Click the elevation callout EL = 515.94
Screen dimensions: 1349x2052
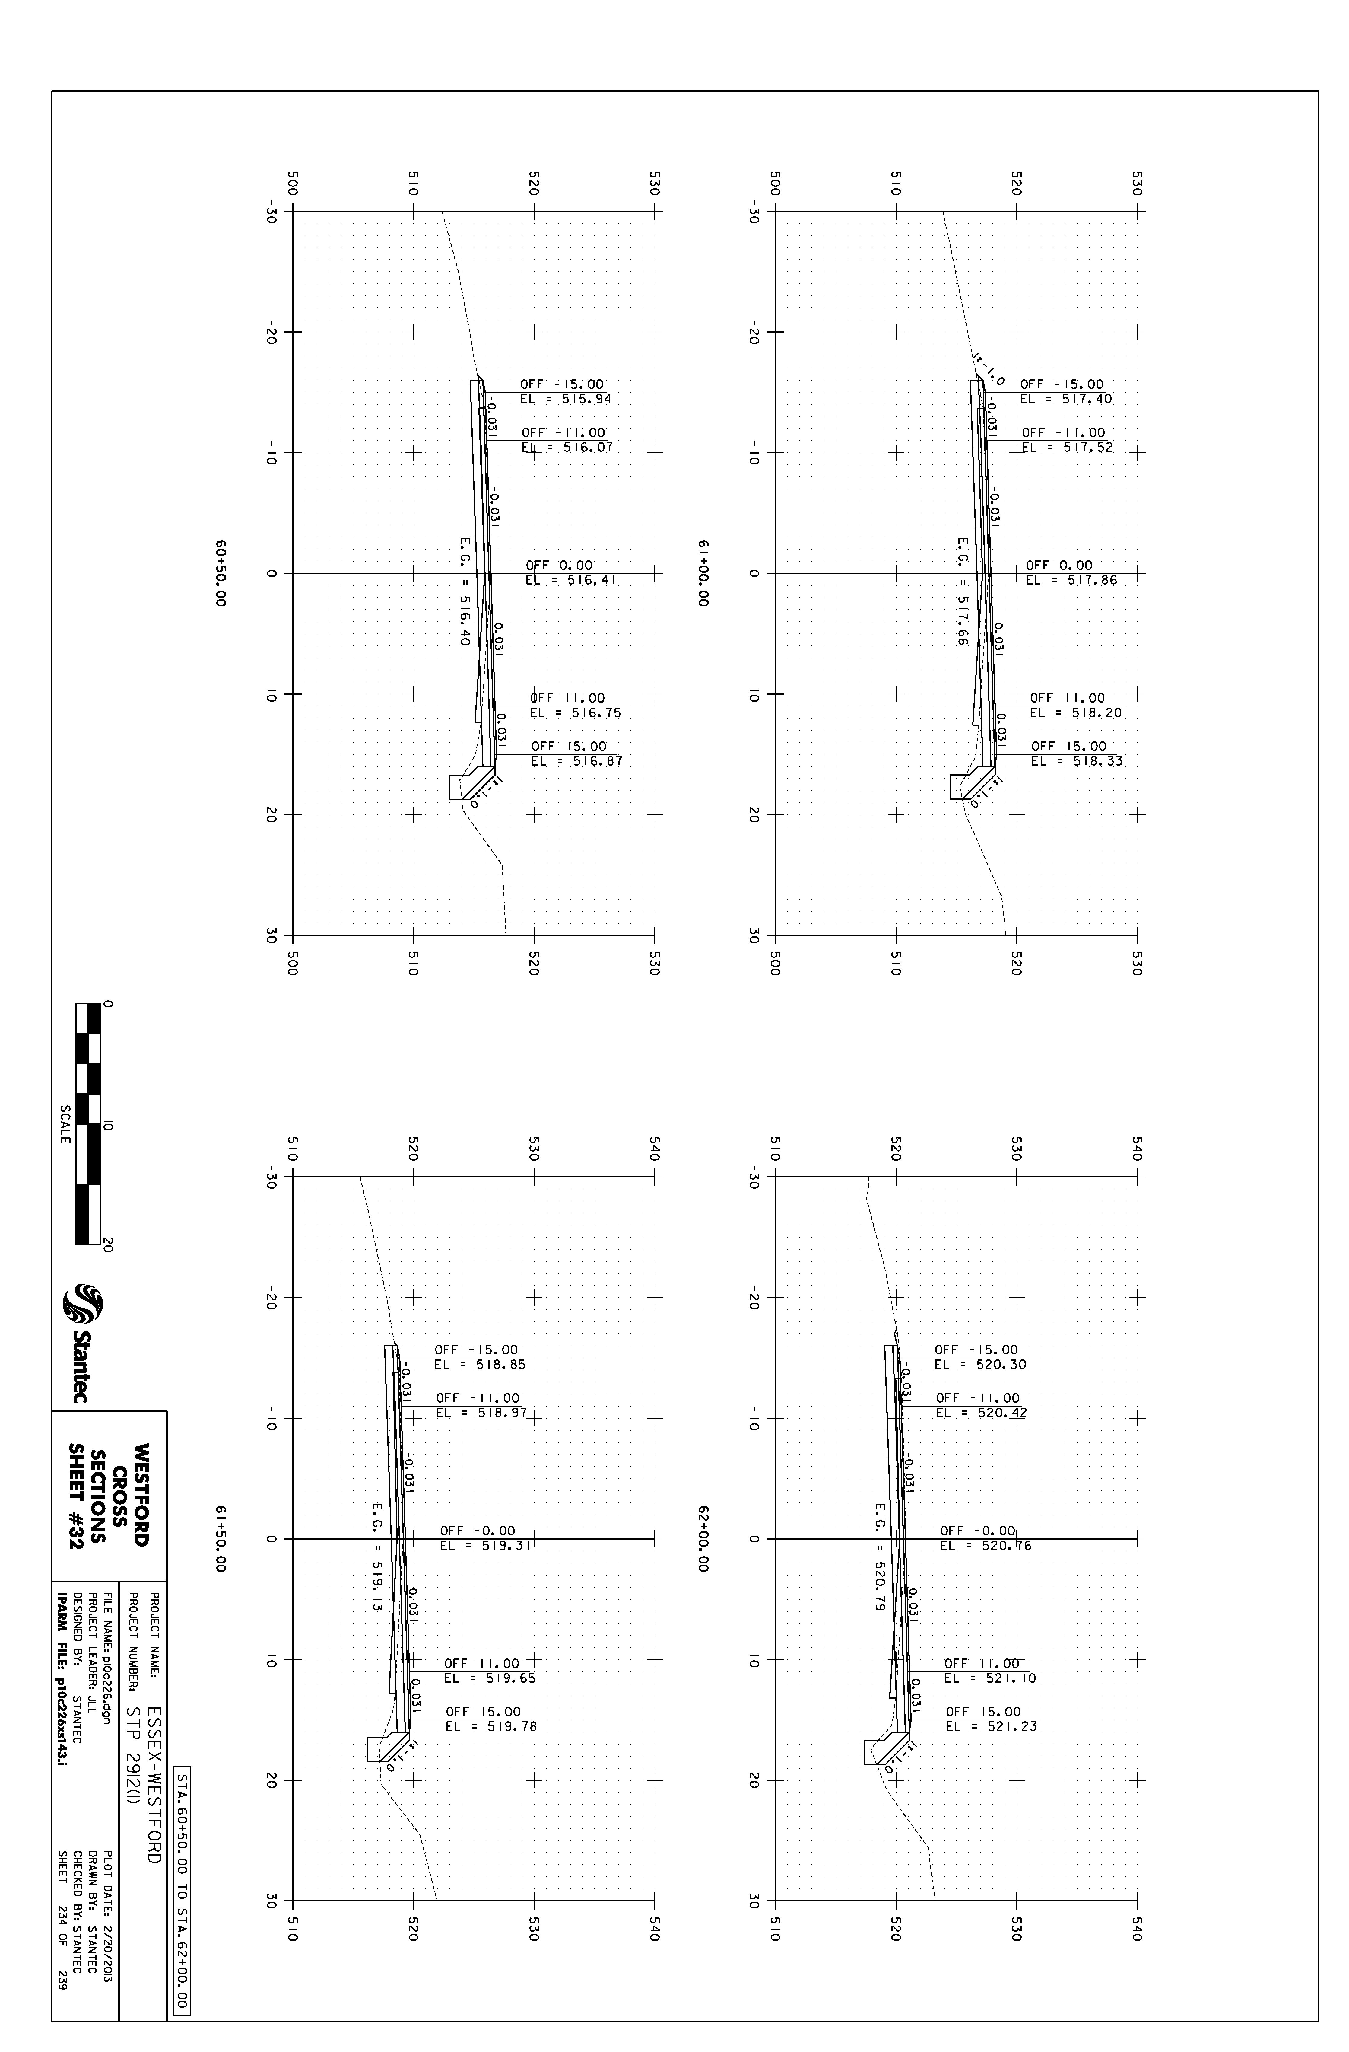pyautogui.click(x=566, y=399)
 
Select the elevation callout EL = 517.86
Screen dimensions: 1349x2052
pyautogui.click(x=1071, y=580)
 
